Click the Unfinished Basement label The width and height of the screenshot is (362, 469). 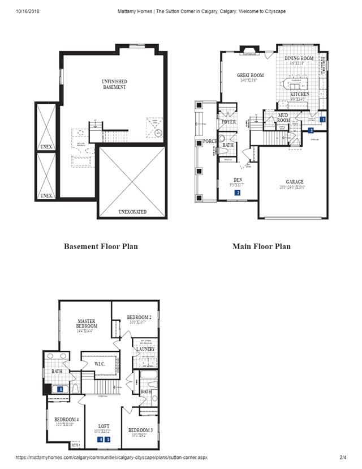coord(114,84)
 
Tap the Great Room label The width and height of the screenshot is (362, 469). coord(250,75)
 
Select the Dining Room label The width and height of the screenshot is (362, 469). coord(299,59)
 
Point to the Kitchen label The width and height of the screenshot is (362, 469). coord(300,95)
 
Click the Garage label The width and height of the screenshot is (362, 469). coord(291,182)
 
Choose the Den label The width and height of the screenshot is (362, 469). coord(238,180)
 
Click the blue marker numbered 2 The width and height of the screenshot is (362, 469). coord(238,193)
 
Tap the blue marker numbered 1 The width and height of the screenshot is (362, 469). coord(322,120)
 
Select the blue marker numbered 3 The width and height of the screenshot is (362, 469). coord(311,130)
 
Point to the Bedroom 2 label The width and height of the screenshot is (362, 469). coord(139,317)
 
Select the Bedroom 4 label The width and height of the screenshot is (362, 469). coord(66,420)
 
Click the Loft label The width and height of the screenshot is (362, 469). coord(104,426)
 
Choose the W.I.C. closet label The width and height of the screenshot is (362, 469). coord(100,363)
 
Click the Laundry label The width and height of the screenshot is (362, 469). coord(145,349)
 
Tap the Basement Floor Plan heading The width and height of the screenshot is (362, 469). coord(101,246)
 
